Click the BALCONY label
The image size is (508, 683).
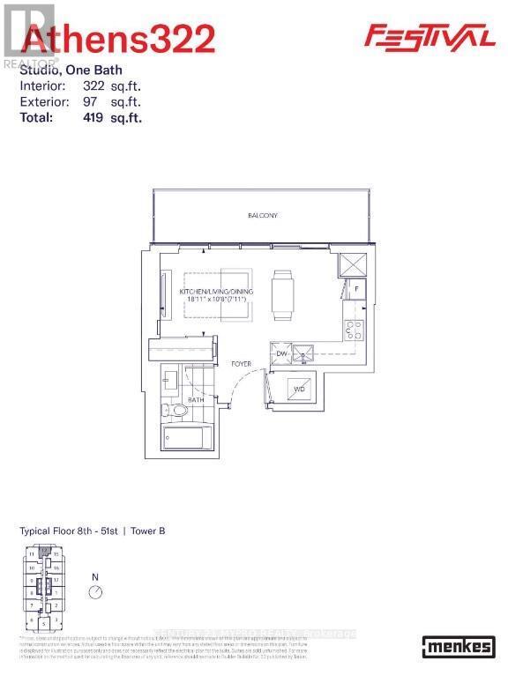(262, 215)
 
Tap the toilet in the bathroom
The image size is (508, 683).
(178, 410)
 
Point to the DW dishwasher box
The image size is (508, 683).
(281, 353)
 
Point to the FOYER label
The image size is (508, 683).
(241, 363)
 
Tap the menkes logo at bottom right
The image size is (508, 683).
(457, 646)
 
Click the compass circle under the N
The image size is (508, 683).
(96, 592)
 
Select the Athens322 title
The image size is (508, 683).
(117, 40)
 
